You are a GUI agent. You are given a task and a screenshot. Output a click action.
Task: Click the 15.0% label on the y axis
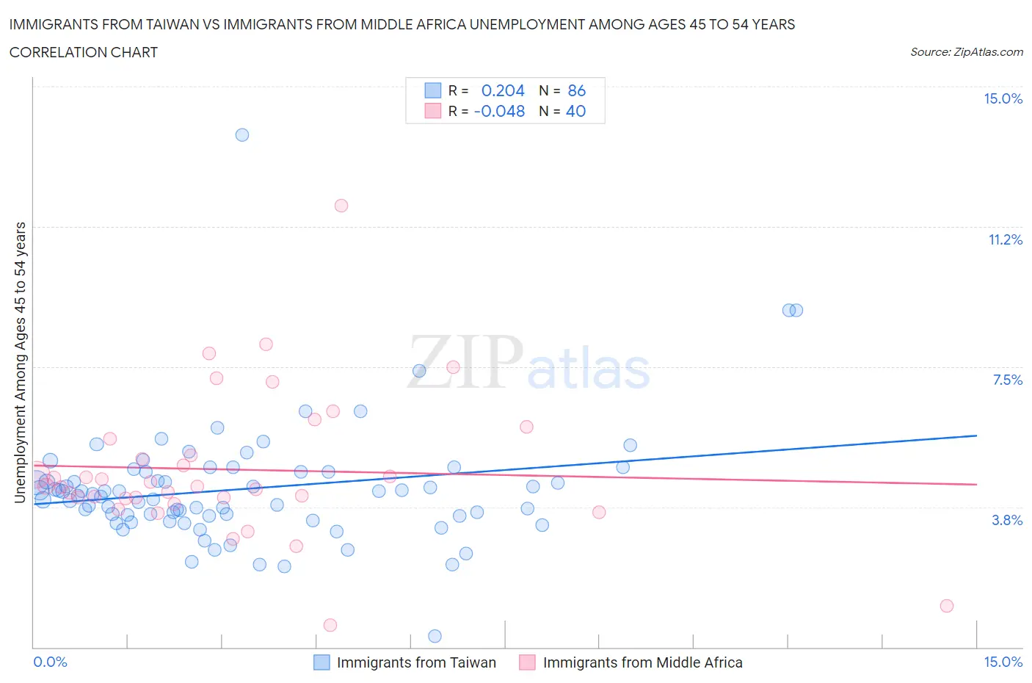tap(1003, 99)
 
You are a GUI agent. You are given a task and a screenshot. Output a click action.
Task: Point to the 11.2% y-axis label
tap(1005, 240)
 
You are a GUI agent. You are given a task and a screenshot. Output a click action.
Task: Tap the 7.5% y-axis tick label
tap(1007, 380)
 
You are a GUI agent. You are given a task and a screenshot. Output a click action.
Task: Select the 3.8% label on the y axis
tap(1007, 521)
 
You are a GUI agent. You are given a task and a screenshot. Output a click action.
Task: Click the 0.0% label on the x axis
tap(50, 662)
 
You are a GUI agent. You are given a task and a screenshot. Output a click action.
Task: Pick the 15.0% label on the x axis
tap(1003, 662)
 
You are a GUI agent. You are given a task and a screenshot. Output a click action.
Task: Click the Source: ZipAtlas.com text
tap(966, 52)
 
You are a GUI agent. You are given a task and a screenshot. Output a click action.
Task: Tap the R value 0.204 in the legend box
tap(503, 91)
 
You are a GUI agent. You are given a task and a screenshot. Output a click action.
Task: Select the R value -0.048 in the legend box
tap(499, 112)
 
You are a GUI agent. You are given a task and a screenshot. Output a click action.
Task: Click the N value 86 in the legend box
tap(577, 91)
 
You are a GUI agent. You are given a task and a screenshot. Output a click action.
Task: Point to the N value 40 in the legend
tap(576, 112)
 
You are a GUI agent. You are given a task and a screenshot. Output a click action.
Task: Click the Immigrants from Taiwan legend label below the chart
tap(416, 663)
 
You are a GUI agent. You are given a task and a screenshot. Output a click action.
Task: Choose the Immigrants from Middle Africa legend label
tap(642, 663)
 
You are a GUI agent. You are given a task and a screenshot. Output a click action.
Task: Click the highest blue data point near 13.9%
tap(242, 135)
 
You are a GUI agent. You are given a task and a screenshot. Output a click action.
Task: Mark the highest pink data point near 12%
tap(341, 206)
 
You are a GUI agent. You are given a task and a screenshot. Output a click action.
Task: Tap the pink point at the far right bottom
tap(947, 606)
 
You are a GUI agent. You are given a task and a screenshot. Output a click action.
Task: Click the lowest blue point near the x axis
tap(435, 636)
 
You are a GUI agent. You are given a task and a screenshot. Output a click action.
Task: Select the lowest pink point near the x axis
tap(330, 625)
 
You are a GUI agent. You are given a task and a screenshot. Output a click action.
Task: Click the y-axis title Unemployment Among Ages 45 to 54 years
tap(21, 363)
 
